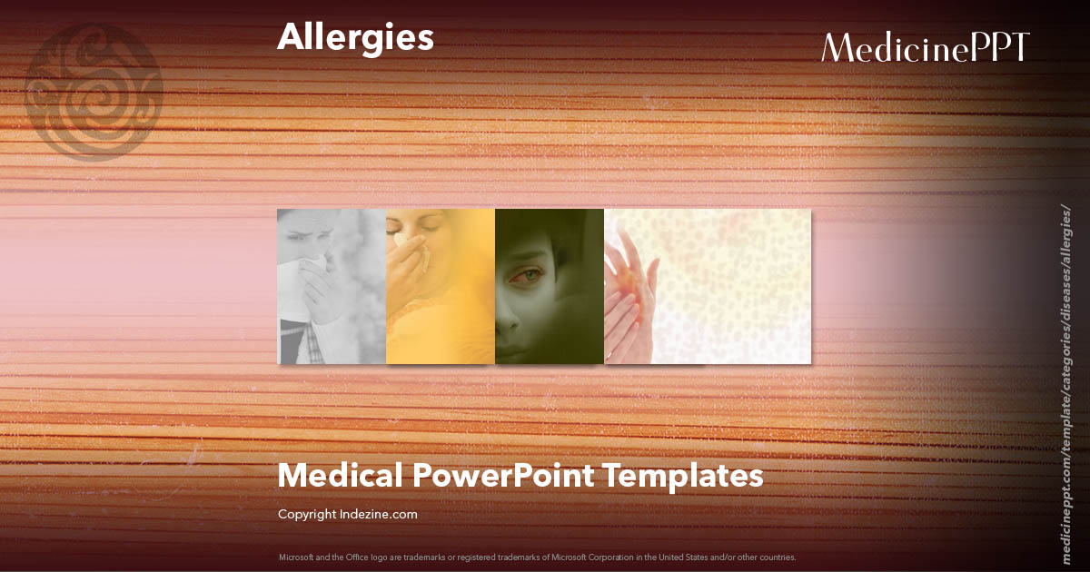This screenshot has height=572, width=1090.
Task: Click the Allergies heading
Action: pyautogui.click(x=355, y=38)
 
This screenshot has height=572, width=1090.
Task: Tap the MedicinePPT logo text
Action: pyautogui.click(x=925, y=47)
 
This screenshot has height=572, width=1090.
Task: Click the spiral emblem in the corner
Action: pyautogui.click(x=94, y=92)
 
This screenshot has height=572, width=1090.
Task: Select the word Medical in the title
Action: pyautogui.click(x=339, y=475)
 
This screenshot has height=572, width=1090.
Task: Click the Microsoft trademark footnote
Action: pyautogui.click(x=538, y=557)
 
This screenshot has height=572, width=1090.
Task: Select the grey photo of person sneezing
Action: pyautogui.click(x=332, y=286)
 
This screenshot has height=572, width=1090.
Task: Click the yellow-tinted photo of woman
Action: pyautogui.click(x=441, y=286)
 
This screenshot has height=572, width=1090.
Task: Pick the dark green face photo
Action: pyautogui.click(x=550, y=286)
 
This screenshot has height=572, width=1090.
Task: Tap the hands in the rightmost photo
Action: pyautogui.click(x=631, y=295)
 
